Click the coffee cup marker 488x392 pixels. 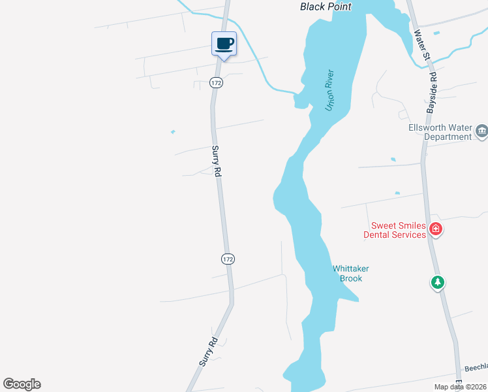tap(224, 44)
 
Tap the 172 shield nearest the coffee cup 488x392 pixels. tap(216, 82)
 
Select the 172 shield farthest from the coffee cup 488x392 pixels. tap(226, 259)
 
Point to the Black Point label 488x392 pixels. tap(326, 7)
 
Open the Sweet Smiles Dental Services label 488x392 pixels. tap(395, 230)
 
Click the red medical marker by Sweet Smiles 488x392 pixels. tap(436, 229)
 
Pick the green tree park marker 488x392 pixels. tap(438, 283)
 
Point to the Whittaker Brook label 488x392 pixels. tap(347, 273)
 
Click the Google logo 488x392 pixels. tap(22, 384)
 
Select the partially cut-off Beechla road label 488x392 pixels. tap(475, 369)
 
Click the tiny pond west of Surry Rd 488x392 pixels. tap(173, 132)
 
